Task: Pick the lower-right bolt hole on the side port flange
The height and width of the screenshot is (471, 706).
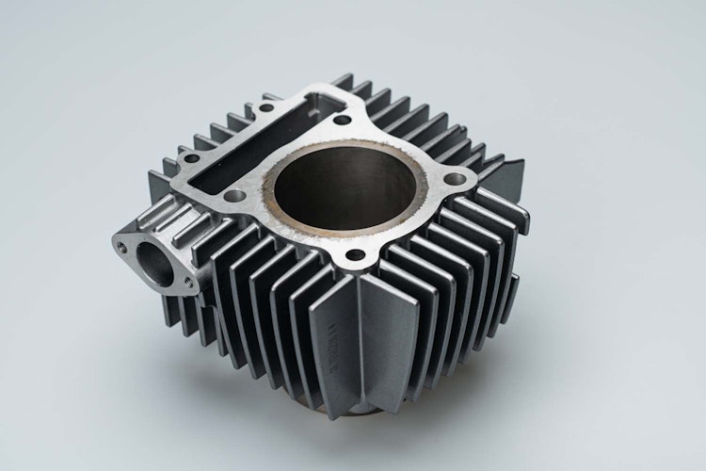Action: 188,280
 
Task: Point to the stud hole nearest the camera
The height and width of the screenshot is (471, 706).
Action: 355,255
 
